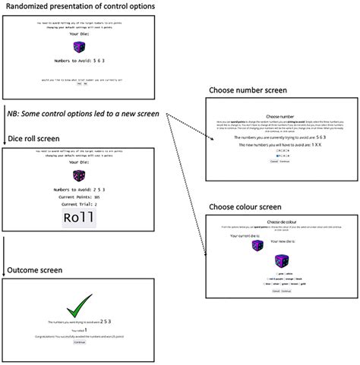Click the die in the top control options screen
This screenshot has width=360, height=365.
pyautogui.click(x=79, y=47)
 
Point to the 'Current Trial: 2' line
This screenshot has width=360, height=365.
pyautogui.click(x=79, y=204)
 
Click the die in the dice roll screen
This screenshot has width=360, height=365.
pyautogui.click(x=79, y=176)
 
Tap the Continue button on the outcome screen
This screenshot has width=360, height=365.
pyautogui.click(x=79, y=342)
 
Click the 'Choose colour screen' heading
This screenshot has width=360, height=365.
pyautogui.click(x=247, y=207)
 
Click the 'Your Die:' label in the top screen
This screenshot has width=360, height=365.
pyautogui.click(x=79, y=34)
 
